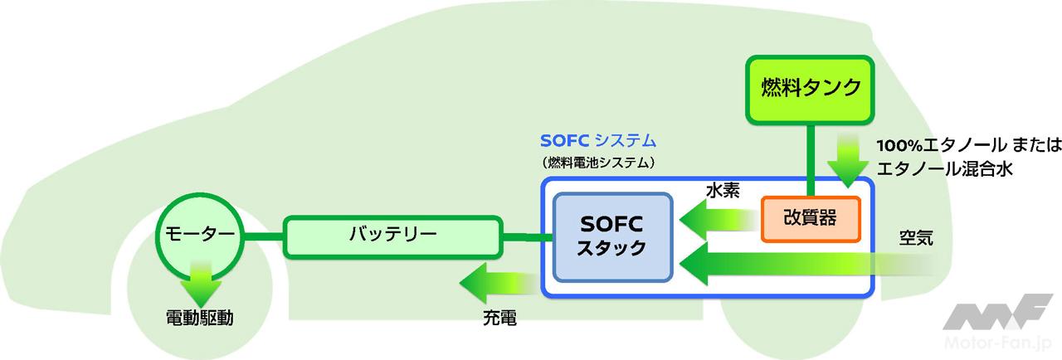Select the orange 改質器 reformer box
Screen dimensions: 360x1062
pos(810,217)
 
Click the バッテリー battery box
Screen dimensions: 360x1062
pos(392,235)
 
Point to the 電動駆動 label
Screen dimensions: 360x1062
pos(199,318)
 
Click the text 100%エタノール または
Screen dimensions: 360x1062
pos(969,146)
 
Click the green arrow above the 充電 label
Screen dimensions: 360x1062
pos(498,286)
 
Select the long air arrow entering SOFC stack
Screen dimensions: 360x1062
pos(796,263)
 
